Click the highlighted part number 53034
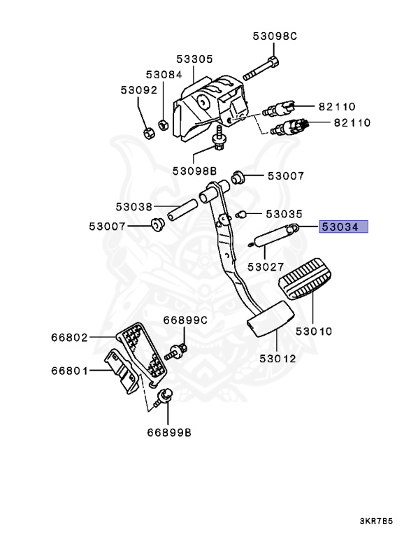point(344,227)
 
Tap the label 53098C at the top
point(273,36)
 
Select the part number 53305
point(194,59)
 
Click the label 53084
point(164,74)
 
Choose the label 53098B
point(196,171)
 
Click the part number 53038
point(134,207)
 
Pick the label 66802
point(69,337)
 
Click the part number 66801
point(69,371)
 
